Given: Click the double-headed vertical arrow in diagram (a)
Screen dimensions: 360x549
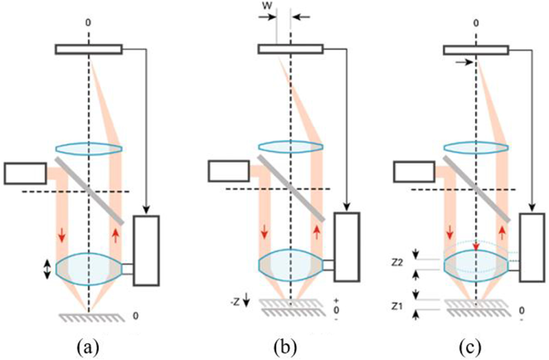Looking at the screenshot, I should (x=47, y=270).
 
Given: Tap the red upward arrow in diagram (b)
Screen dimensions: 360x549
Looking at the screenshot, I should (x=316, y=232).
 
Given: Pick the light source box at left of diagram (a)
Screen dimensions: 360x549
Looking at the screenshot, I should (x=25, y=173).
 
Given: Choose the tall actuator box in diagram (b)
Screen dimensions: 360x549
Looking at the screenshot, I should (x=347, y=247).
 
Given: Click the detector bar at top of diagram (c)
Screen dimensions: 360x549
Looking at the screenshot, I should (x=476, y=50).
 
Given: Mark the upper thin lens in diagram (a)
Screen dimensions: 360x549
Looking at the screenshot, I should (x=89, y=149).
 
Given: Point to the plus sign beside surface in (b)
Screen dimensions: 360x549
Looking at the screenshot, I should (x=336, y=300).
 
